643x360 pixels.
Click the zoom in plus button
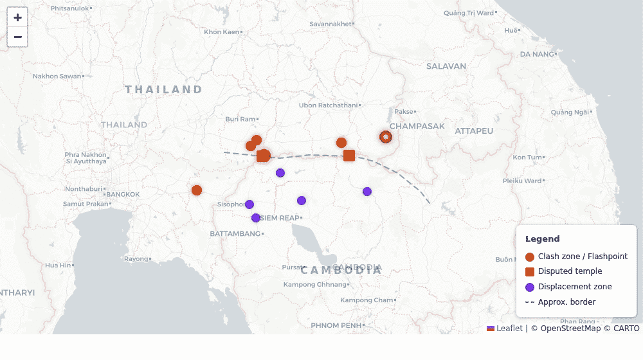tap(17, 17)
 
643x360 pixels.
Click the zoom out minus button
tap(17, 37)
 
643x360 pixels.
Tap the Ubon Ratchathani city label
tap(327, 105)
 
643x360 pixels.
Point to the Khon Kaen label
tap(221, 32)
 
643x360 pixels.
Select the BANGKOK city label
tap(123, 194)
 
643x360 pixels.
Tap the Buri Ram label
tap(240, 119)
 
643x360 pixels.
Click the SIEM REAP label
tap(280, 218)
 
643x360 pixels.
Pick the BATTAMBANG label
tap(235, 234)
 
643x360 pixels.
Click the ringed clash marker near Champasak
tap(385, 136)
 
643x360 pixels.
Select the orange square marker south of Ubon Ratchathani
tap(349, 156)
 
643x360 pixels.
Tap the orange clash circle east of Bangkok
tap(197, 190)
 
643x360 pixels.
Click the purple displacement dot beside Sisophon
tap(249, 204)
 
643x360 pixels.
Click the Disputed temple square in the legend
tap(530, 272)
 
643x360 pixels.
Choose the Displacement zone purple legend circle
tap(530, 287)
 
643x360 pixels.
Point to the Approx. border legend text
tap(566, 302)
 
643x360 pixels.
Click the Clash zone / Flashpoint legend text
tap(583, 256)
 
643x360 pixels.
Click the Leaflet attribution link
tap(509, 328)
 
